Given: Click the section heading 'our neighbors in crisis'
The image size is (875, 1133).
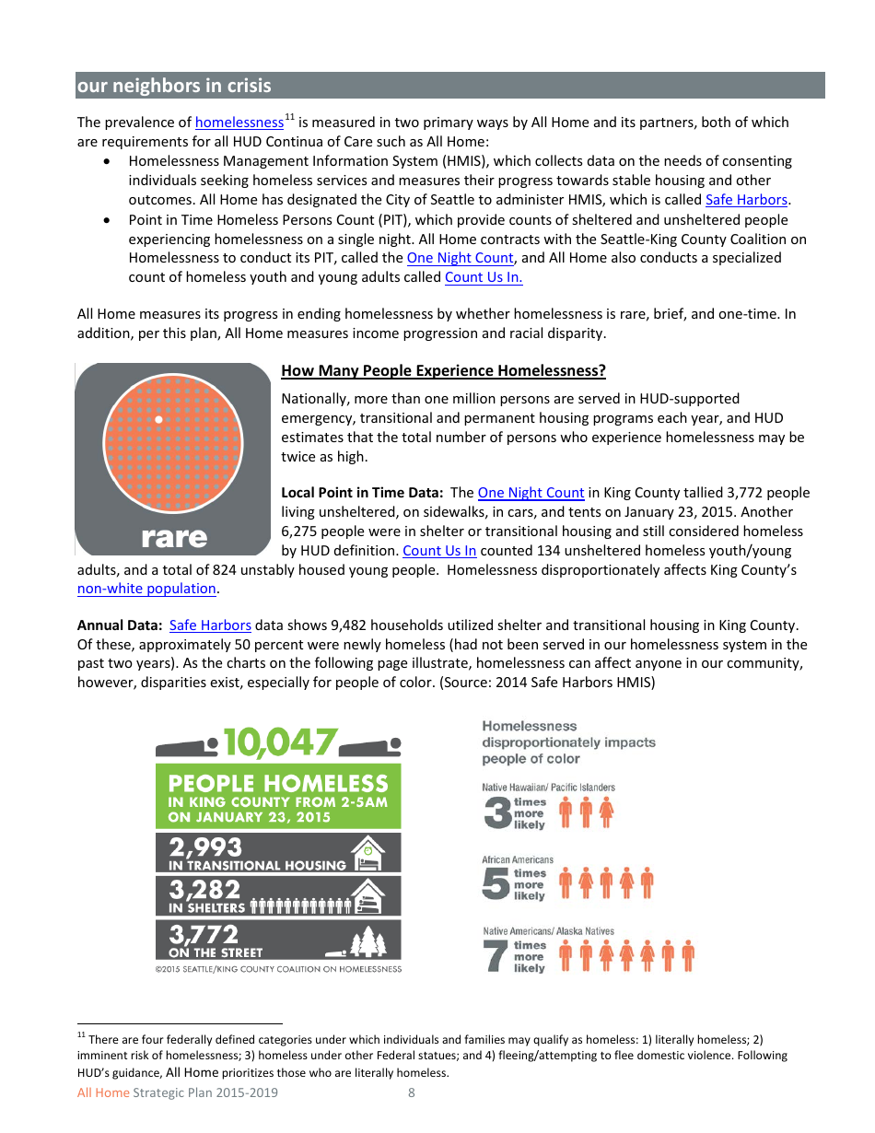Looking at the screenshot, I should (x=174, y=86).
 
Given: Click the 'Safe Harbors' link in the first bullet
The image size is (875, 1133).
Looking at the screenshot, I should (x=747, y=200).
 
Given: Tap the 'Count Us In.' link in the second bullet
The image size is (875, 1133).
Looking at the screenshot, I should (x=484, y=277).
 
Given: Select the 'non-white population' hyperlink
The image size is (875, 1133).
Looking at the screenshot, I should (x=146, y=589).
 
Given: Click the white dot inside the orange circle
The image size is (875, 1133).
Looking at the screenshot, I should (x=158, y=420).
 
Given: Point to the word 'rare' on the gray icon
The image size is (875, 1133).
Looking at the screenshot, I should (x=174, y=536).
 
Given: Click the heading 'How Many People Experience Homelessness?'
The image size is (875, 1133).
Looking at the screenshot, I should (x=443, y=371).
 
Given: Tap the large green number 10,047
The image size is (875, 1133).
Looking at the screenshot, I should (x=278, y=742).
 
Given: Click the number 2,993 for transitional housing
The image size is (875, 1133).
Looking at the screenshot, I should (x=205, y=847).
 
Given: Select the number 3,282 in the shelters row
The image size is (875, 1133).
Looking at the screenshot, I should (x=204, y=890).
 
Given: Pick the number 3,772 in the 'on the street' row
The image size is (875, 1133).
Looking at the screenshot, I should (x=204, y=935).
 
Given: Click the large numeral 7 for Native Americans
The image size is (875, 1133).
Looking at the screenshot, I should (x=496, y=956).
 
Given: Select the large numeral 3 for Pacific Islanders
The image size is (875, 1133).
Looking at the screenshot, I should (x=496, y=812).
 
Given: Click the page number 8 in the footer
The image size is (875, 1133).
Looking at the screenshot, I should (x=411, y=1093).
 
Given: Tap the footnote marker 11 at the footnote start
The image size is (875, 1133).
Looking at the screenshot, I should (x=81, y=1035).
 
